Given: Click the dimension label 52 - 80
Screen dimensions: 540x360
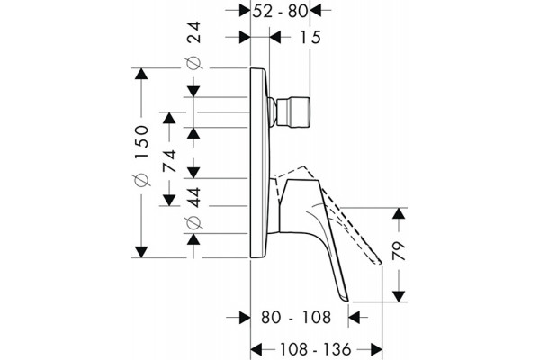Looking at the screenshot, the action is coord(280,11).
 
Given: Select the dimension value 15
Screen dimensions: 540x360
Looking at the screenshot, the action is coord(310,37).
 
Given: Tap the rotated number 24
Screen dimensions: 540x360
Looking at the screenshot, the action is coord(193,32).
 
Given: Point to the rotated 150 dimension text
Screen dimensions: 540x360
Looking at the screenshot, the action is coord(141,141).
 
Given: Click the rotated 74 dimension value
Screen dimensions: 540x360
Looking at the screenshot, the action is coord(169,161).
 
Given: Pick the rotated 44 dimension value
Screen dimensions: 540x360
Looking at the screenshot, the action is coord(193,197).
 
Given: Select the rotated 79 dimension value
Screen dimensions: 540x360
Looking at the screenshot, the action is coord(399,251).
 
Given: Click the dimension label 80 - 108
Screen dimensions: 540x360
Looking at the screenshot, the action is coord(296,317).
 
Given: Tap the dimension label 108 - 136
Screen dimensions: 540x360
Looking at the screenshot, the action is coord(315,349).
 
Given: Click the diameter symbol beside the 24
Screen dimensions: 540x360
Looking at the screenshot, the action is coord(193,63).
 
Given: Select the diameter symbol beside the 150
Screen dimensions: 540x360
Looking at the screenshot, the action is coord(141,179).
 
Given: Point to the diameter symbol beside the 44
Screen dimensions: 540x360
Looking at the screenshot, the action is coord(193,222).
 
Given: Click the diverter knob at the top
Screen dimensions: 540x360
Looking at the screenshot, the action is coord(293,112).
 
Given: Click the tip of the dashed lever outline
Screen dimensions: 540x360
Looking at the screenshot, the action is coord(380,263).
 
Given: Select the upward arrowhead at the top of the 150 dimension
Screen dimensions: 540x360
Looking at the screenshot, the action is coord(141,74).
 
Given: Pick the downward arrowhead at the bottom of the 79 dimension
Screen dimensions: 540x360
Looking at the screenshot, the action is coord(399,296).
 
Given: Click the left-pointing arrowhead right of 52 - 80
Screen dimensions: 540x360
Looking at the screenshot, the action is coord(316,10).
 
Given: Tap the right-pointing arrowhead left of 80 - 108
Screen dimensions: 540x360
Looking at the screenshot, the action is coord(245,317).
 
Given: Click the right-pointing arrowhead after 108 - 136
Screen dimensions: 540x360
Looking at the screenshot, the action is coord(376,349).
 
